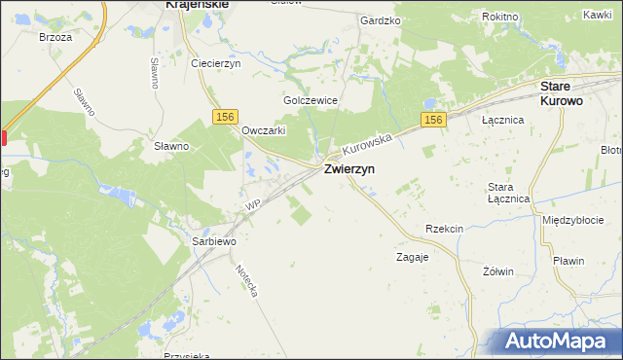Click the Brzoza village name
coord(55,37)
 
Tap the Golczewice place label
coord(311,100)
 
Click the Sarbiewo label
coord(214,240)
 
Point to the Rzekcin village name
coord(444,228)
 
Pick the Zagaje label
coord(413,258)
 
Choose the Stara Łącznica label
coord(507,192)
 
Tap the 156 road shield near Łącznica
coord(434,120)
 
